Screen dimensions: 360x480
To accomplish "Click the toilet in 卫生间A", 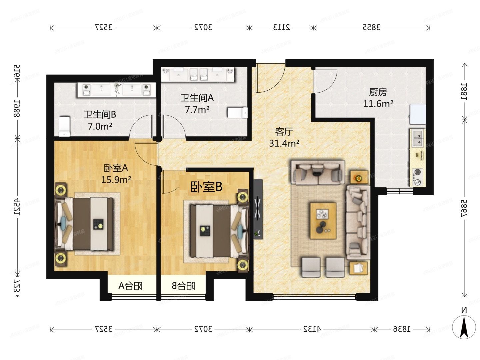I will tap(237, 113).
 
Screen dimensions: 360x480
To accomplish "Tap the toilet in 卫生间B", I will tap(64, 126).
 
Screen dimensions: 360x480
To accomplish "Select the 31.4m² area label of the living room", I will tap(284, 143).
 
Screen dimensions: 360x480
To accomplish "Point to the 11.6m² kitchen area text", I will tap(378, 104).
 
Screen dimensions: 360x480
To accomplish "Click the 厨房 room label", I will tap(378, 92).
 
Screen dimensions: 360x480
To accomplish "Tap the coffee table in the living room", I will tap(323, 221).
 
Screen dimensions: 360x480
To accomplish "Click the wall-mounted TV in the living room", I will tap(258, 209).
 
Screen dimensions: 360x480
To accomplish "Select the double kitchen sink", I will tap(417, 139).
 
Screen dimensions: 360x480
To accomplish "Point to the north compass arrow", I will tap(464, 327).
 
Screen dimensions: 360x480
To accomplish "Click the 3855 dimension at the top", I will tap(371, 27).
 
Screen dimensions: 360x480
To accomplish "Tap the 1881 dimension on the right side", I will tap(464, 91).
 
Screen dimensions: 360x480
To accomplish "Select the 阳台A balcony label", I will tap(130, 286).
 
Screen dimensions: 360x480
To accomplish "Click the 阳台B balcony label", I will tap(183, 286).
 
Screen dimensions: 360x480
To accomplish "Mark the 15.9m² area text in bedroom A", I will tap(116, 180).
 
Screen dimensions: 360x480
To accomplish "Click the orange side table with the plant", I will tap(359, 178).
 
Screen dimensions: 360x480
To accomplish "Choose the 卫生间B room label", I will tap(100, 115).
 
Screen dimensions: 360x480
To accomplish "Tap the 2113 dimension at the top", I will tap(282, 27).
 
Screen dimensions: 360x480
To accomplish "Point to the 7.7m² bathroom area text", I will tap(197, 110).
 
